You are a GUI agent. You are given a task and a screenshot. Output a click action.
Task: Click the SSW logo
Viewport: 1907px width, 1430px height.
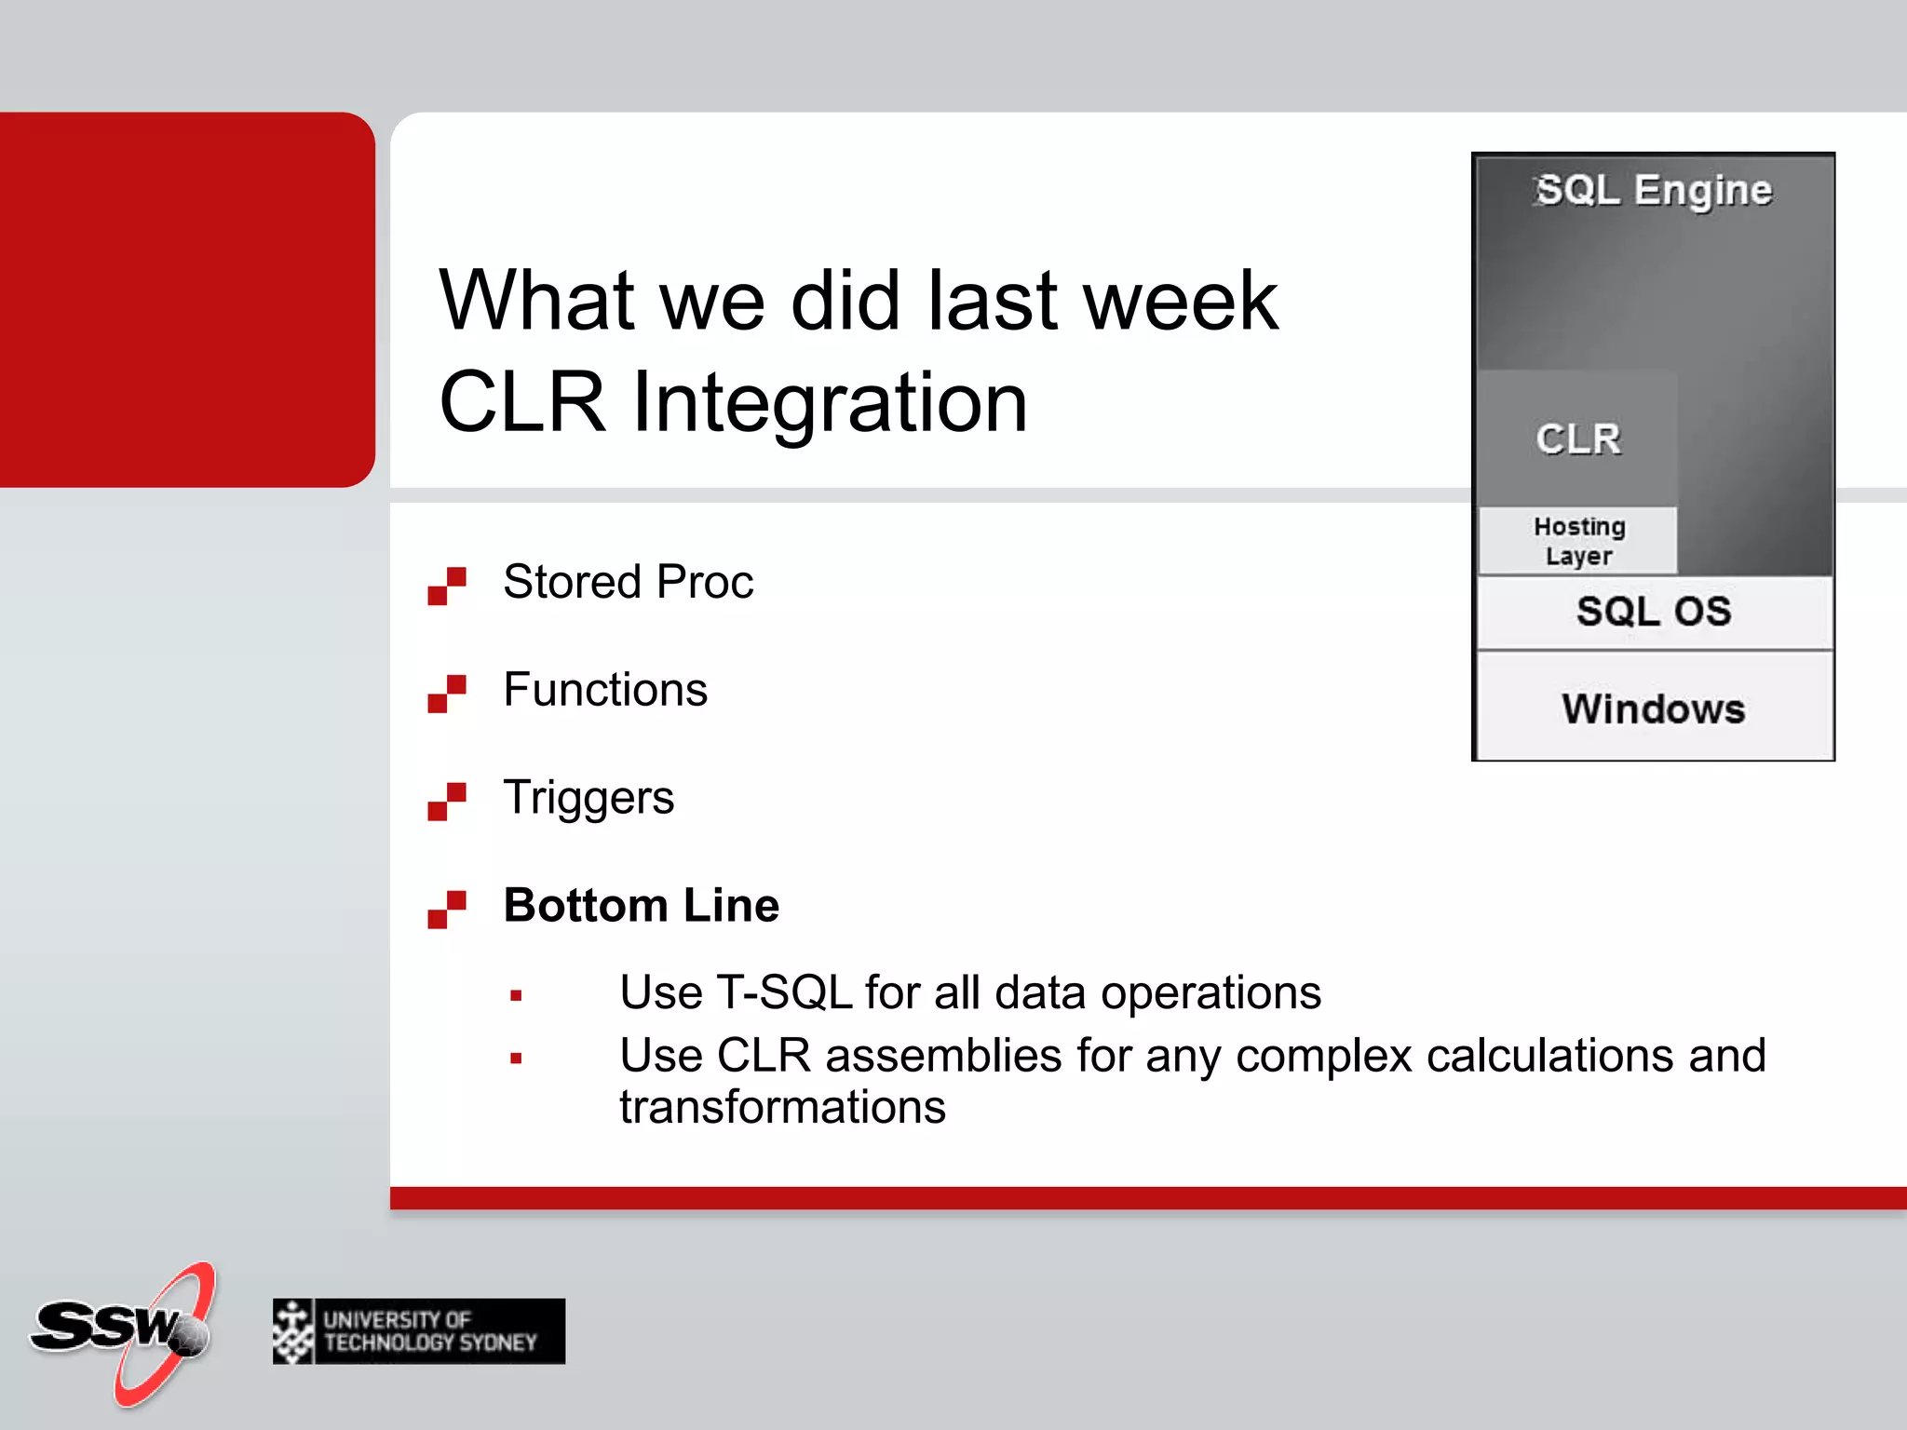tap(121, 1331)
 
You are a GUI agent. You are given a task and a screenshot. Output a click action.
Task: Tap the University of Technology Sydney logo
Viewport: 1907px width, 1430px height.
tap(419, 1331)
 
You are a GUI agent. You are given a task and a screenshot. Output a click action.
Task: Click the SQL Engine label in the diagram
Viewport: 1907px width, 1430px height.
tap(1654, 190)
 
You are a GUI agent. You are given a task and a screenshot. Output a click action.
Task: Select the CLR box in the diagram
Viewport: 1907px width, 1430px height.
tap(1578, 438)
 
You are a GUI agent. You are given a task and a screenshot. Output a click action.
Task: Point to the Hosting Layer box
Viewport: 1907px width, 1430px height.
tap(1578, 541)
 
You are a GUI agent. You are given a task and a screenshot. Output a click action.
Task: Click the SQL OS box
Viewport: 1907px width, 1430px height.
tap(1654, 612)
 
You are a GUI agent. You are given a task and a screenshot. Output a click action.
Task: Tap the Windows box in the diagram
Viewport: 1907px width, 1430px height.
tap(1654, 708)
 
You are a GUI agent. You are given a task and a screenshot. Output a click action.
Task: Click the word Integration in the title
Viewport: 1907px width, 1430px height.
tap(830, 402)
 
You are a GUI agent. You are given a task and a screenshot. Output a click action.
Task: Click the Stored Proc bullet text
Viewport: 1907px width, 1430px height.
tap(628, 582)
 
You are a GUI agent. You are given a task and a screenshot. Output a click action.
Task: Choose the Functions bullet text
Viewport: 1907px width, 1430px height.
tap(605, 690)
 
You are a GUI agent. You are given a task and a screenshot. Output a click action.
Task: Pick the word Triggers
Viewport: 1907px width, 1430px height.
tap(588, 798)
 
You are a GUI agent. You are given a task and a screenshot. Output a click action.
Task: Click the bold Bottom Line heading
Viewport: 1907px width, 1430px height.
tap(641, 905)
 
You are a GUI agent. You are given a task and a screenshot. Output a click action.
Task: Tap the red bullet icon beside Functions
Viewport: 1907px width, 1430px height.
tap(447, 694)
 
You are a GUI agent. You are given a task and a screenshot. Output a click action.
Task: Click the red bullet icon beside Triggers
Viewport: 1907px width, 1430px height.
tap(447, 802)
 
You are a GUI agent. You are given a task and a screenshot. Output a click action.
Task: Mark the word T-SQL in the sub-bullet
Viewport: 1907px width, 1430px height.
tap(784, 992)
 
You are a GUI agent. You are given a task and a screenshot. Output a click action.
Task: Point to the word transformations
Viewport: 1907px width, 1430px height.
tap(782, 1108)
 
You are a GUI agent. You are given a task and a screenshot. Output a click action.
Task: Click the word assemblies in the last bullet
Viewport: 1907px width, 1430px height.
tap(943, 1056)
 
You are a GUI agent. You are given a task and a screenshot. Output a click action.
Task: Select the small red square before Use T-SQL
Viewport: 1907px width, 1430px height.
tap(516, 996)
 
